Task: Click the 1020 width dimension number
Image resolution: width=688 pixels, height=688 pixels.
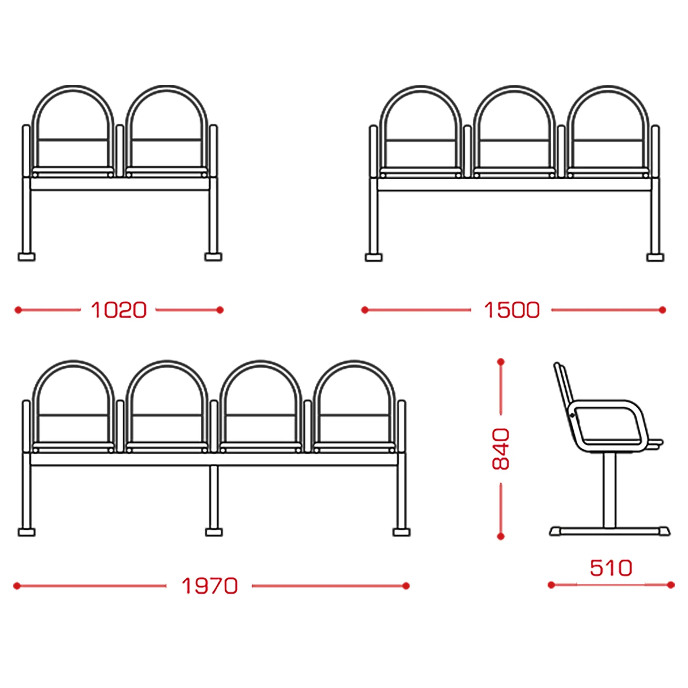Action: (x=118, y=310)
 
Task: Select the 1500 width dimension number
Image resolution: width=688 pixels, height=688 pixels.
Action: (x=512, y=310)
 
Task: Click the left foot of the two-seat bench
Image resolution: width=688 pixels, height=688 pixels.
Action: (x=27, y=257)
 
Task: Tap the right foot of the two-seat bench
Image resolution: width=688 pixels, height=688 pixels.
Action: (x=213, y=257)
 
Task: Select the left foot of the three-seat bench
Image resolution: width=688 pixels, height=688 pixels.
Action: (x=374, y=257)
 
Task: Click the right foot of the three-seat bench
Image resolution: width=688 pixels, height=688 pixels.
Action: (x=655, y=257)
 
